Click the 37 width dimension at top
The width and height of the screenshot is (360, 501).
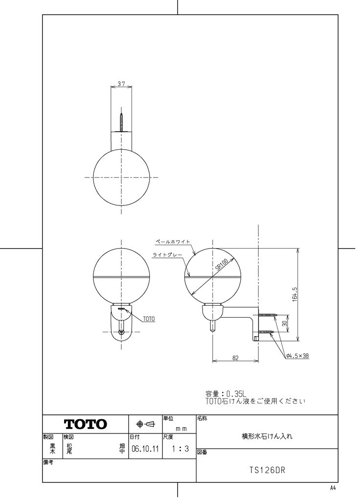coord(121,84)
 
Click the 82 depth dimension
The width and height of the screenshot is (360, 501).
coord(235,358)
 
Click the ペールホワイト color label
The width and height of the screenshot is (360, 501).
coord(173,242)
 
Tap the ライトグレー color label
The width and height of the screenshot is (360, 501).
coord(166,254)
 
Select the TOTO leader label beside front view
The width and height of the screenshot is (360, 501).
coord(149,319)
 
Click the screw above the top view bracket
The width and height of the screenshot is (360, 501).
coord(121,122)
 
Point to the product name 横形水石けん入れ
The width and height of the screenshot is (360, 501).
coord(267,434)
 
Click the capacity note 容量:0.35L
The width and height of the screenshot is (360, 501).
coord(227,393)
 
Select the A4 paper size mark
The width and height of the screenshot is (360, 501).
coord(333,488)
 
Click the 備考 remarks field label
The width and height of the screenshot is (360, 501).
coord(48,462)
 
